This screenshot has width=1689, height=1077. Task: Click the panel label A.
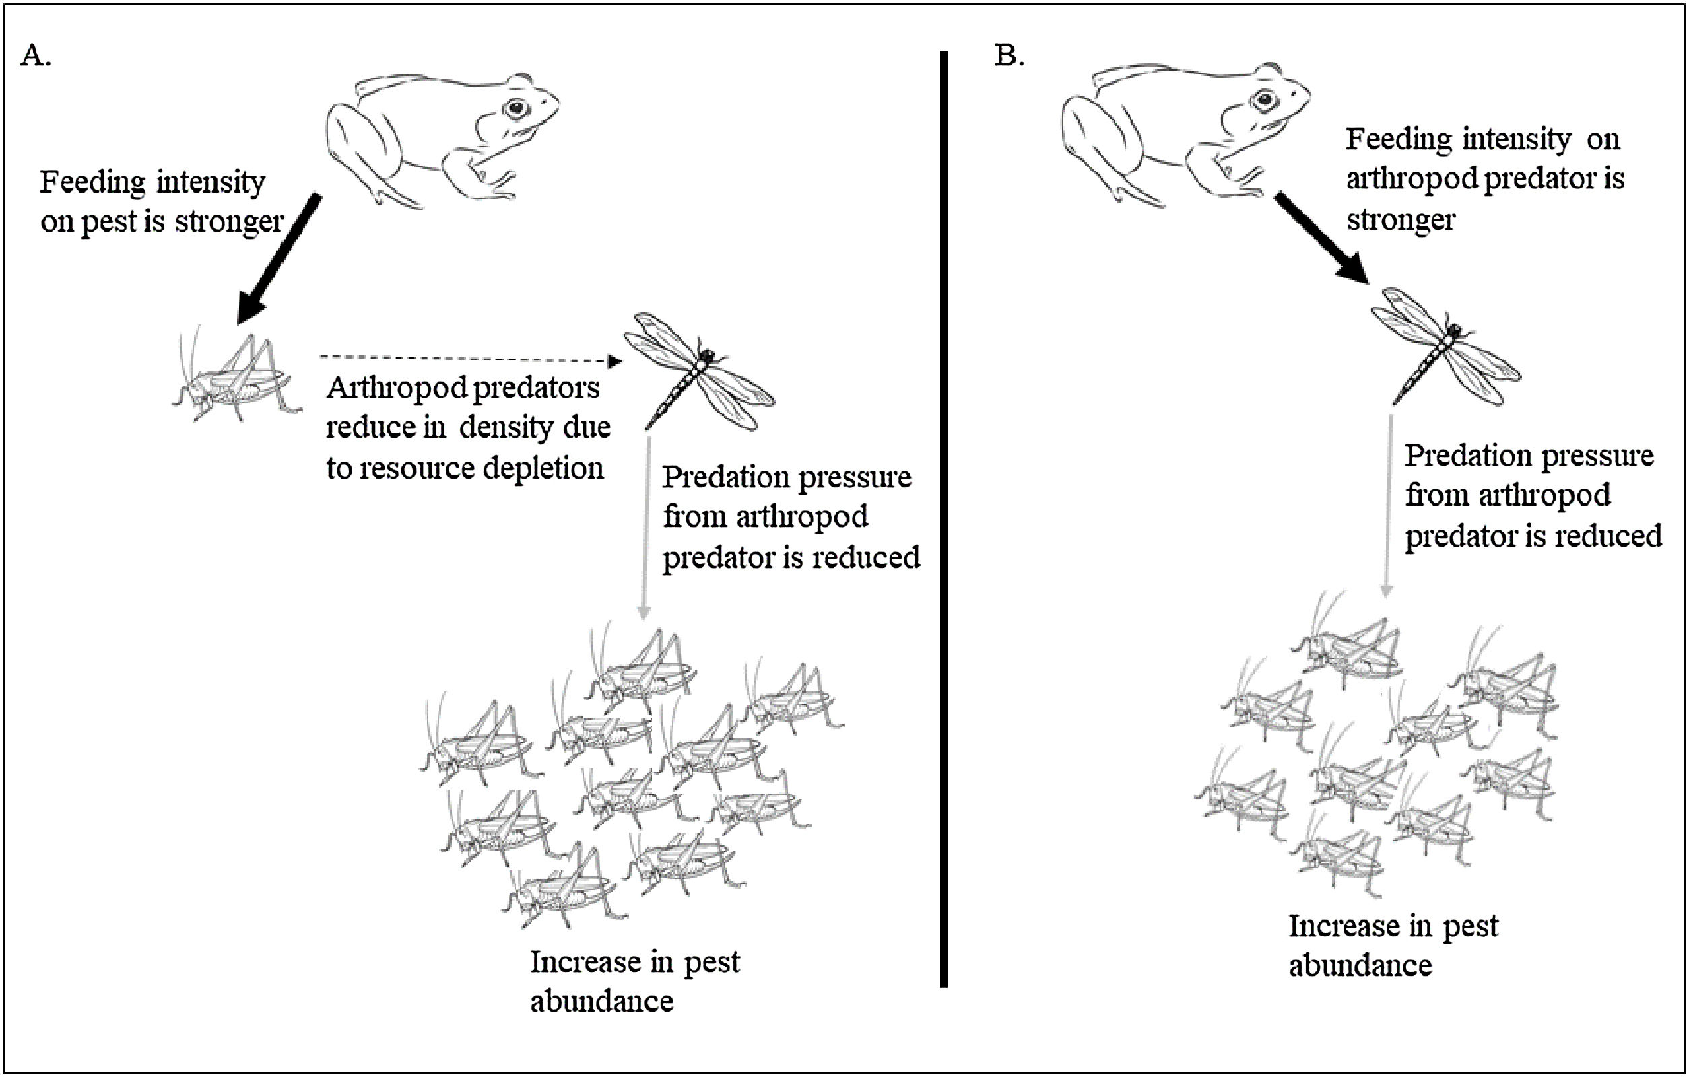tap(34, 55)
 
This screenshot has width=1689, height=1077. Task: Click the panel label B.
tap(1009, 55)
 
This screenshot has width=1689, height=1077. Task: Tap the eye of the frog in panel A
tap(517, 108)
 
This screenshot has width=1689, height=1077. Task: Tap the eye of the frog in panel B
tap(1265, 100)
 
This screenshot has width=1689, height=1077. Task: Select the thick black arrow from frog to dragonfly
tap(1320, 238)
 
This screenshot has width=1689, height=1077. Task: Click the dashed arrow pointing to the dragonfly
tap(470, 359)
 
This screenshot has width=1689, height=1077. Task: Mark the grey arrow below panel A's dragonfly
tap(646, 526)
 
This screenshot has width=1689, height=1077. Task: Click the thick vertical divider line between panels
tap(943, 519)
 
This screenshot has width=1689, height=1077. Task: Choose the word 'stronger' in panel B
tap(1400, 220)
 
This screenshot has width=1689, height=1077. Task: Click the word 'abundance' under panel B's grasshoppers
tap(1360, 966)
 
